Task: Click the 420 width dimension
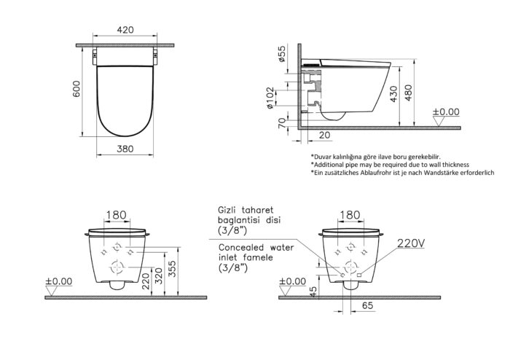point(125,30)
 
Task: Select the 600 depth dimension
point(76,89)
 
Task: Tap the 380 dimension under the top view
point(125,149)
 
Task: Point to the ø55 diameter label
point(282,54)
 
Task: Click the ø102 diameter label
point(270,98)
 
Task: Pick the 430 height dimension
point(394,94)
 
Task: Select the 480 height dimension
point(409,93)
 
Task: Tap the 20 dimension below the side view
point(325,135)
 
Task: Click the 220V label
point(411,243)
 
